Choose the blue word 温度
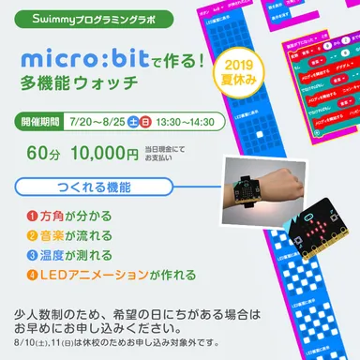point(50,255)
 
